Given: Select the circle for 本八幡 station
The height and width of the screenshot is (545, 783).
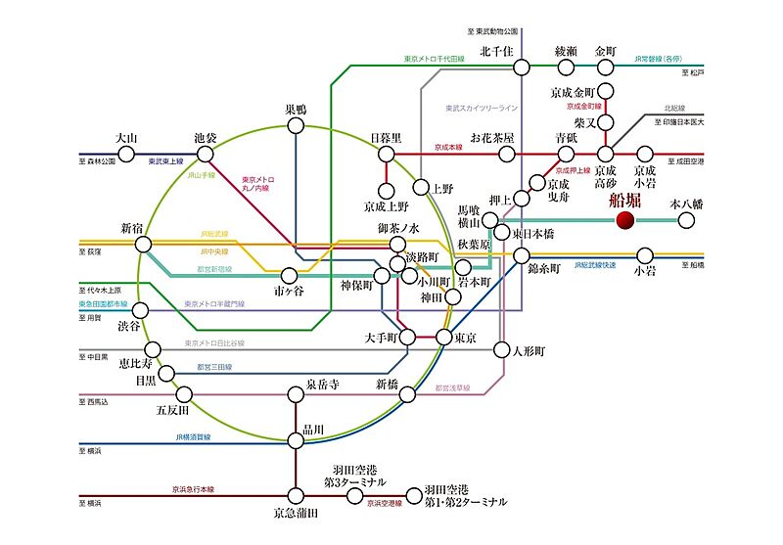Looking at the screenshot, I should pos(687,220).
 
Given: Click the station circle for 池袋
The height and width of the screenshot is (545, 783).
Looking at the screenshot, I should pos(205,155).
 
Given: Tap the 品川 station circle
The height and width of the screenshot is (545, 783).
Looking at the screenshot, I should pos(297,440).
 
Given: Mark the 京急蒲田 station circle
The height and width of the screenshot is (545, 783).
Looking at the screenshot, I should pos(296,495).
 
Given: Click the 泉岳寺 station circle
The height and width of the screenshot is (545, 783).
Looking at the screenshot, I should pos(297,395).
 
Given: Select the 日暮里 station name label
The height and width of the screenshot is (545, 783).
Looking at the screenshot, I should pos(386,138).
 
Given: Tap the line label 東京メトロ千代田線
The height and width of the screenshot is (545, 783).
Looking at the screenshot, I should pos(438,59).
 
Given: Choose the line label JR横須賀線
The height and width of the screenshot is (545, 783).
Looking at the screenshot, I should pos(197,437).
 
